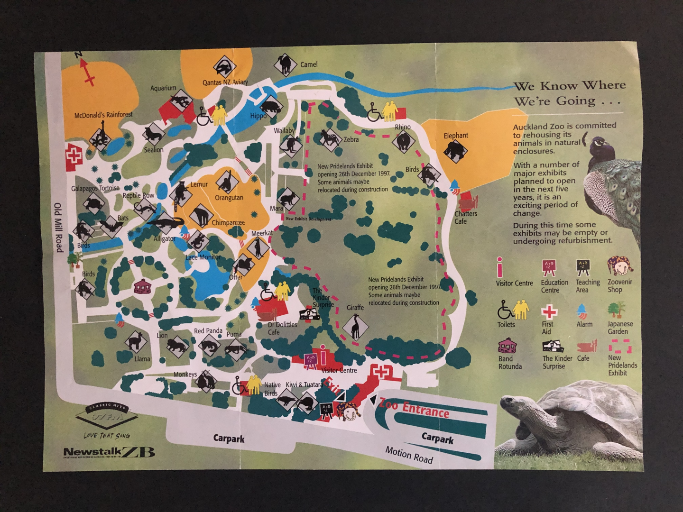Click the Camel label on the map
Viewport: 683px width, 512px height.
[x=309, y=64]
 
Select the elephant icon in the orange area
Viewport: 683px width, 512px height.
[x=455, y=151]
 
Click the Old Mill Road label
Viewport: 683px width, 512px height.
[x=58, y=228]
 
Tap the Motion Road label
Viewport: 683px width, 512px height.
[x=409, y=455]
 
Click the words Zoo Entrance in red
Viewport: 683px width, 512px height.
[x=414, y=408]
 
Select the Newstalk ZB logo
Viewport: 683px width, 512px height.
[x=109, y=453]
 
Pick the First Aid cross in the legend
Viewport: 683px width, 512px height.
[x=549, y=312]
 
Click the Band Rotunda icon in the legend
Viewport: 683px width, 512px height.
[x=507, y=346]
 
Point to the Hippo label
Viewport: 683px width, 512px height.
[x=258, y=116]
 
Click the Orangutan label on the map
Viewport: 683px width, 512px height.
[x=229, y=198]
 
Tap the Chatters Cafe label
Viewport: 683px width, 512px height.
[x=465, y=218]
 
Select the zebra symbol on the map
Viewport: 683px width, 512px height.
[x=329, y=138]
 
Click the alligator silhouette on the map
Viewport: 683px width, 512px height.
[x=166, y=223]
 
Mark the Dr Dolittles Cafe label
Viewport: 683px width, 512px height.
[x=282, y=328]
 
